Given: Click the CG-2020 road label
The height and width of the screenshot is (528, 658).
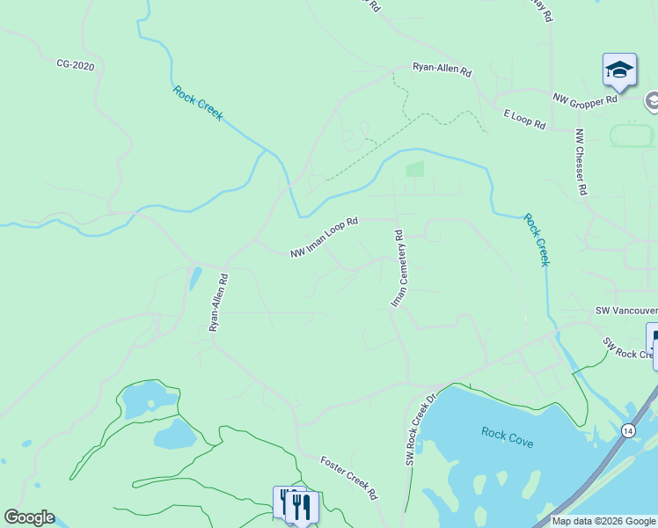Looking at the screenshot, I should [75, 64].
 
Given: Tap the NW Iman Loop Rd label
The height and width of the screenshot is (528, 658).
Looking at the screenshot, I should [325, 238].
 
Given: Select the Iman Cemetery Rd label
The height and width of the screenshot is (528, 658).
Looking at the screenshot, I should [397, 268].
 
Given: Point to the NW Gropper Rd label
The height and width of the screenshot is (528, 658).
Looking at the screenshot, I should [586, 99].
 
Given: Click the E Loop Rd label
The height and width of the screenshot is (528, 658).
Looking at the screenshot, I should [524, 121].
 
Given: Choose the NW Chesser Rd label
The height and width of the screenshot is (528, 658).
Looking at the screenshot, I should [581, 163].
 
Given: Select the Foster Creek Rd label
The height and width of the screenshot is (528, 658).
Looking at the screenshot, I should [348, 477].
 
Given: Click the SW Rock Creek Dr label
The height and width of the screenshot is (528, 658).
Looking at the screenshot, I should [421, 429].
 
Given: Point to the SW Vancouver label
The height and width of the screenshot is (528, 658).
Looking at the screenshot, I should [625, 311].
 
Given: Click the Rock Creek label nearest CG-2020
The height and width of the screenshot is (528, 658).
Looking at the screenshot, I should [198, 103].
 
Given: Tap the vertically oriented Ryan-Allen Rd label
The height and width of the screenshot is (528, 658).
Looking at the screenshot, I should [218, 302].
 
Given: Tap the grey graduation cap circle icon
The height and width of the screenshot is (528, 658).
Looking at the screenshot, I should [653, 101].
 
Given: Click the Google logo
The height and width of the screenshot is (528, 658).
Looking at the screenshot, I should [29, 517].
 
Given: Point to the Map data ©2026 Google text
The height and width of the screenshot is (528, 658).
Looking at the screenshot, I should [603, 521].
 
